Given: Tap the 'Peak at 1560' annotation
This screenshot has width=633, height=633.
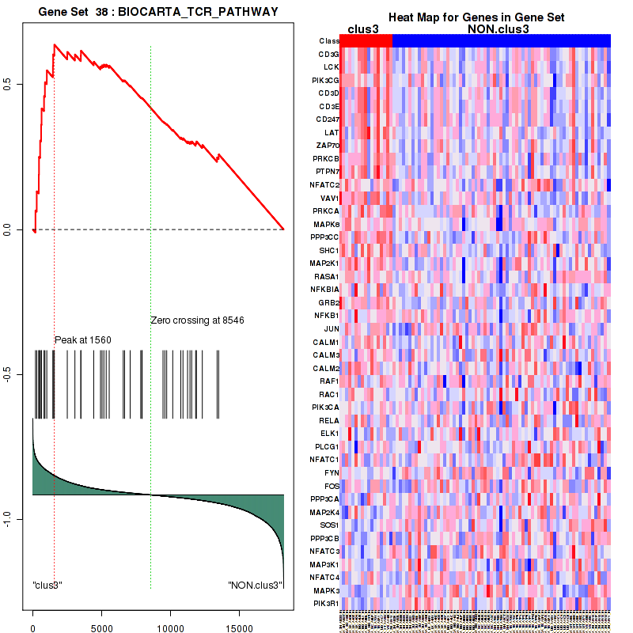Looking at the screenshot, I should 82,340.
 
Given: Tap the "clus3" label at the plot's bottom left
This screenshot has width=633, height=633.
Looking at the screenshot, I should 47,586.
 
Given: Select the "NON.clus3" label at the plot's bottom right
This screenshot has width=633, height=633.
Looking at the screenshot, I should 256,586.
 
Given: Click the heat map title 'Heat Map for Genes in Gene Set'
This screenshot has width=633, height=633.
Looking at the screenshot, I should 476,17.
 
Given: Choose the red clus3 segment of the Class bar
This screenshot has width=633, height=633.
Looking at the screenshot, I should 366,40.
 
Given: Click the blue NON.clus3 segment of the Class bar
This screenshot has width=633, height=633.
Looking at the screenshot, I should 501,40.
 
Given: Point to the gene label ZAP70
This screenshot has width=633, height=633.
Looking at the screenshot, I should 327,146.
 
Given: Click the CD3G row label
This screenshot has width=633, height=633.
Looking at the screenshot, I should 328,54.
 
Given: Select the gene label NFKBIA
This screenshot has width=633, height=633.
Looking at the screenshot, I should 325,290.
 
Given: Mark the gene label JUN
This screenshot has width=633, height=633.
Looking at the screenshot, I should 331,328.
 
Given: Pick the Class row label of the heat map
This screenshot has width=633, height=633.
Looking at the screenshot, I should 328,40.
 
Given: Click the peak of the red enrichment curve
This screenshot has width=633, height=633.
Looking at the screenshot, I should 54,45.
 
